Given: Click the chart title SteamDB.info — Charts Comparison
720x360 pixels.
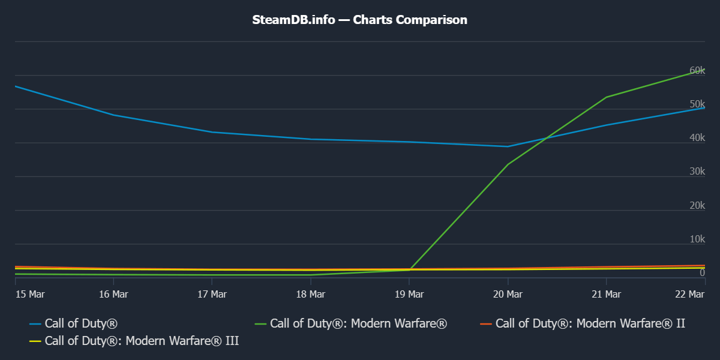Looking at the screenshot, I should (359, 20).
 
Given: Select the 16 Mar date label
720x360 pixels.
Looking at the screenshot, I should (113, 294).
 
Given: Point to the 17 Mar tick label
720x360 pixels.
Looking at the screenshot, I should (211, 294).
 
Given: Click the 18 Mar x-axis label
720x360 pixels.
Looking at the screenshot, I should (310, 294).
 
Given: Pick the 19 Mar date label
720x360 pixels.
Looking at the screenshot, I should (409, 294).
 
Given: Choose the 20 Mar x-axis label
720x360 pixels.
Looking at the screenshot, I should (508, 294).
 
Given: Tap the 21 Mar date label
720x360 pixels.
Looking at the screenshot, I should (606, 294).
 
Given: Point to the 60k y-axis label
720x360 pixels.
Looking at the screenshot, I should (697, 70).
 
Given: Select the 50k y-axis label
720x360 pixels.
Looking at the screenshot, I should (697, 104).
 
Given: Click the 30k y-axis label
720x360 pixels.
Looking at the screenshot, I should (697, 172).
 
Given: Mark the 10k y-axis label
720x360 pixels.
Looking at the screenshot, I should (697, 239).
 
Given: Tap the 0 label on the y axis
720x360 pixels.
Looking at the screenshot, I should (702, 273).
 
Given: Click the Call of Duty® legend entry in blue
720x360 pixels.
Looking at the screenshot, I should (80, 324).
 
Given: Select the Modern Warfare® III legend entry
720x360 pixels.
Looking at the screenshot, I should (142, 341).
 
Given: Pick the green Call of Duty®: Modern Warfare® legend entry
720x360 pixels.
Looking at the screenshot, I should (358, 324).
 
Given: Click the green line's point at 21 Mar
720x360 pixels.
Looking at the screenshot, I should (606, 97).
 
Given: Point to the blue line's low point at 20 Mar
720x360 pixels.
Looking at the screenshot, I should (508, 146).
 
